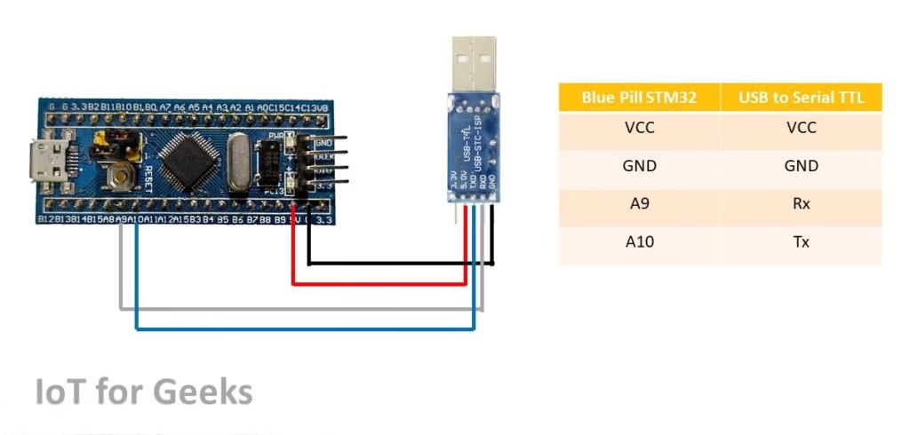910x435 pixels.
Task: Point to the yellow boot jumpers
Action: pyautogui.click(x=117, y=139)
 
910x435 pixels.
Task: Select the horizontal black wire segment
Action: pyautogui.click(x=400, y=264)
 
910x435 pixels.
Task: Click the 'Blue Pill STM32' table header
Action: pyautogui.click(x=639, y=98)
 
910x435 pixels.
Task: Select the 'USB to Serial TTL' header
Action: pyautogui.click(x=801, y=98)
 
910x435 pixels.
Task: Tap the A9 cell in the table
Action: pyautogui.click(x=639, y=203)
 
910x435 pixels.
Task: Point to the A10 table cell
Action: pyautogui.click(x=639, y=241)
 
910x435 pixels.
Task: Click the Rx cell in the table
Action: pyautogui.click(x=801, y=203)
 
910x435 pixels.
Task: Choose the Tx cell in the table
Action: pyautogui.click(x=801, y=241)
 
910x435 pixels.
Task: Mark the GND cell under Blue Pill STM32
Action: pyautogui.click(x=639, y=166)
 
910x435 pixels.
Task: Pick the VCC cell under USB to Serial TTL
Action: pyautogui.click(x=801, y=128)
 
